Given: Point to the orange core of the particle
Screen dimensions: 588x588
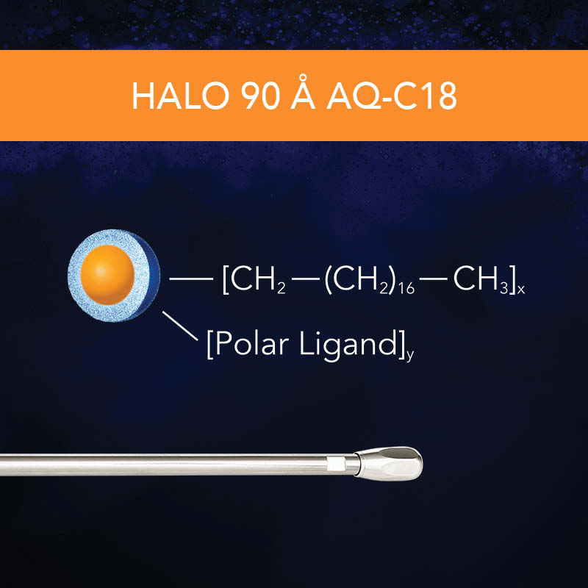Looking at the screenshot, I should click(108, 273).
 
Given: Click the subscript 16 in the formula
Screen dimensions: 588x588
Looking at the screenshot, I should click(406, 289).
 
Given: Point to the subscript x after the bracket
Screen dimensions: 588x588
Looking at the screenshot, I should click(521, 290).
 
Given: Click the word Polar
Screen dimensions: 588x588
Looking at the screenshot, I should click(247, 344).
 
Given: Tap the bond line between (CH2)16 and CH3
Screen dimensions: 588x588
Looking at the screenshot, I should click(434, 279).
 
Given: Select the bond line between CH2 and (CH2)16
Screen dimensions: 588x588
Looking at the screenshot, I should click(306, 279).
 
